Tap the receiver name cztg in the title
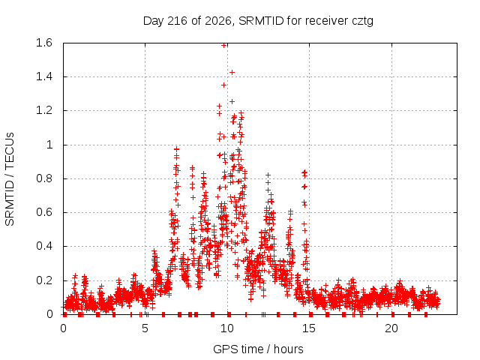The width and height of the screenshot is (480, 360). [362, 22]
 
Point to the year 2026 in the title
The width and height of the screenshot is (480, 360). [218, 21]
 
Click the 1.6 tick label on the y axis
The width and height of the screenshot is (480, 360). [44, 43]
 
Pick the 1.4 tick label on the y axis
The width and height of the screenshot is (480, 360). [44, 76]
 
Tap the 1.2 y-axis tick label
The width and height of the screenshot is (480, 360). [44, 110]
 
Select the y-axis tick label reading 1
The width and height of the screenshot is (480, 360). [49, 145]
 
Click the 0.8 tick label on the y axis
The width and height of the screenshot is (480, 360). [44, 178]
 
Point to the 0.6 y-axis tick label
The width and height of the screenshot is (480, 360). [44, 212]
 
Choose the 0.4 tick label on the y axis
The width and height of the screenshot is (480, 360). [44, 247]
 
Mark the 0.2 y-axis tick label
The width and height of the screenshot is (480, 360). [44, 280]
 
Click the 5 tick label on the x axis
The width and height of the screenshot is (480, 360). [145, 328]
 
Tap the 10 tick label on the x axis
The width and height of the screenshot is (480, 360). [227, 328]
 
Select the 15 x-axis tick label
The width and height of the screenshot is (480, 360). [309, 328]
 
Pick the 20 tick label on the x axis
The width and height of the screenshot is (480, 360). [391, 328]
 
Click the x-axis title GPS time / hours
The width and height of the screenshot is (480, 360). [258, 349]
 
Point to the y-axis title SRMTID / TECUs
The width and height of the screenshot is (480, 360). [10, 179]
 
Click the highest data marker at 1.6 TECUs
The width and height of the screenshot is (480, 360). [223, 45]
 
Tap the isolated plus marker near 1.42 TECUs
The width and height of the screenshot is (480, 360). [232, 72]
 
